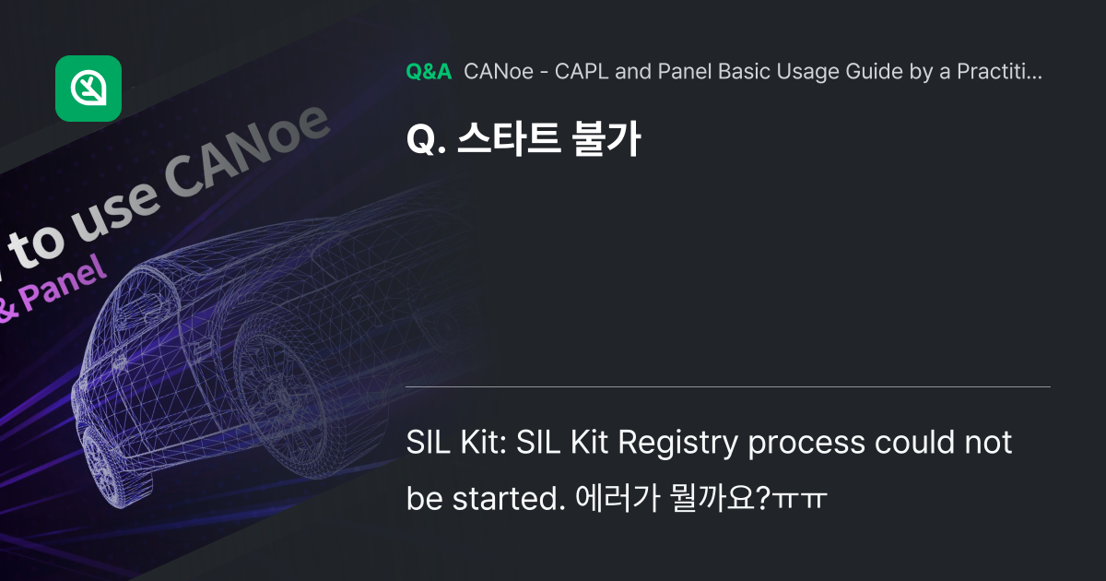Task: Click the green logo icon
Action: click(88, 89)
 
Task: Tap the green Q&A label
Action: click(429, 72)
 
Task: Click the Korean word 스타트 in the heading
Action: click(501, 139)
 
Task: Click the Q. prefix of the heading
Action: click(423, 140)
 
